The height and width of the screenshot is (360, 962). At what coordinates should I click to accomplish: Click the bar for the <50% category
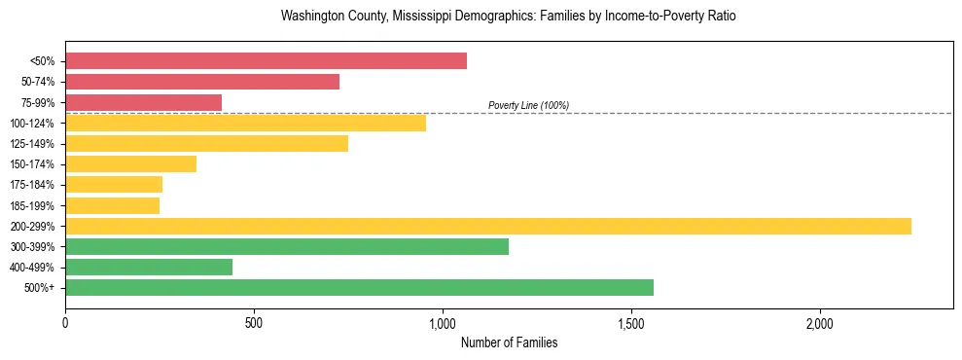coord(266,61)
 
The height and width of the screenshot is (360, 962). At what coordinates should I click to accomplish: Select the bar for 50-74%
coord(202,82)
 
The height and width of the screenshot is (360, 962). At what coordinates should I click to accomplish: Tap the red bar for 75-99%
coord(143,102)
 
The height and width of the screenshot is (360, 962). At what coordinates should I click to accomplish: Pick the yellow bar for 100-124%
coord(245,123)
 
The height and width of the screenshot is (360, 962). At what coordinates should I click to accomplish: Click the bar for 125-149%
coord(206,144)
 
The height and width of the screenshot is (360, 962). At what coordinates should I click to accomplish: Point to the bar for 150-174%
coord(130,164)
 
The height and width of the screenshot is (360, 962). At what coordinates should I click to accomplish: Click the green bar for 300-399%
coord(287,247)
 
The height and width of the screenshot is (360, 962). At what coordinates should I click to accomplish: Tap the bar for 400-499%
coord(149,268)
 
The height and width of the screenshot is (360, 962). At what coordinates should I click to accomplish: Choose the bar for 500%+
coord(359,288)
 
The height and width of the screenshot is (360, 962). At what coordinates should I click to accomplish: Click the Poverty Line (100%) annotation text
coord(528,105)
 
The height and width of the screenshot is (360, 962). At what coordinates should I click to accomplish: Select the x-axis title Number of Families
coord(509,343)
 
